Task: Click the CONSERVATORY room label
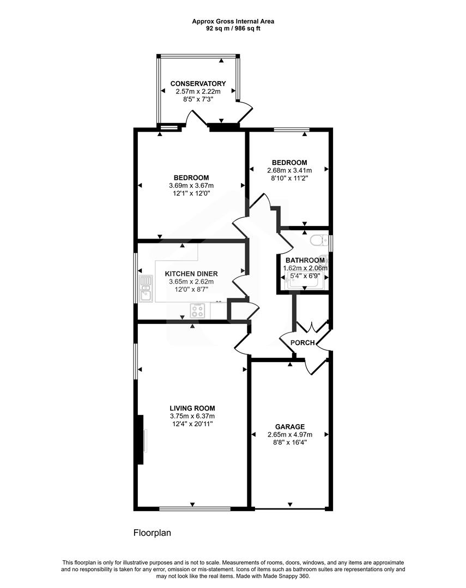click(198, 83)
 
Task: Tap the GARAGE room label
click(289, 426)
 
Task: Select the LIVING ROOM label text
click(192, 408)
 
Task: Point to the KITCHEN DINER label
click(191, 273)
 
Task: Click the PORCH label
click(302, 342)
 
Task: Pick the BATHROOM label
click(305, 260)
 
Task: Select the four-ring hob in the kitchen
click(198, 310)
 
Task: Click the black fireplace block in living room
click(140, 440)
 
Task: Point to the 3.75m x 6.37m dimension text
click(192, 416)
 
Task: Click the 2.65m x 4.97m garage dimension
click(289, 434)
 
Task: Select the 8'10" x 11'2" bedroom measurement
click(289, 179)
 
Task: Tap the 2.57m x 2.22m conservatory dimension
click(198, 92)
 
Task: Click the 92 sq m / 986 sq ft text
click(233, 28)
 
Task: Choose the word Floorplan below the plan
click(152, 533)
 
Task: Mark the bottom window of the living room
click(195, 509)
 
